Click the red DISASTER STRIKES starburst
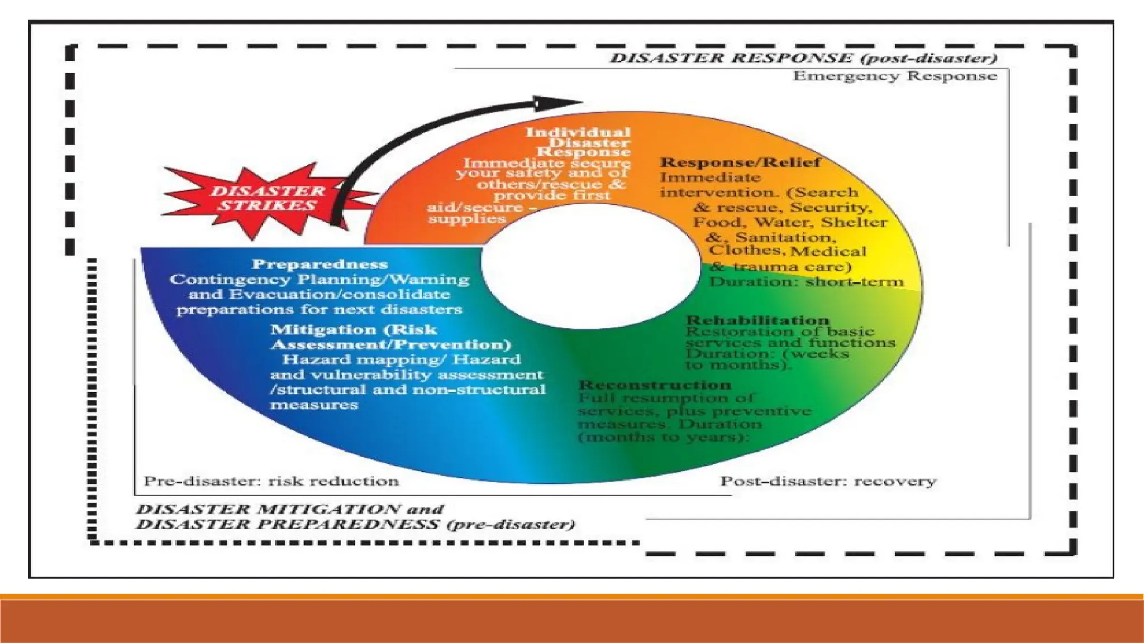(267, 199)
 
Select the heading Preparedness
(320, 264)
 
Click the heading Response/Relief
(740, 162)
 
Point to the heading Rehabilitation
(757, 320)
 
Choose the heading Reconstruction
(655, 385)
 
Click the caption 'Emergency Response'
(894, 76)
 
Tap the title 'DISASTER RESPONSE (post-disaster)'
(803, 58)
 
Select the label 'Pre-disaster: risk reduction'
(271, 481)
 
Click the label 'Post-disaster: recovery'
(828, 481)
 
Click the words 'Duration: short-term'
(806, 281)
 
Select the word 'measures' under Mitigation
(314, 404)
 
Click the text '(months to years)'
(663, 437)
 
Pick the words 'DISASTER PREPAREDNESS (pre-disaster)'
(355, 525)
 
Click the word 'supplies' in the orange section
(467, 219)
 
